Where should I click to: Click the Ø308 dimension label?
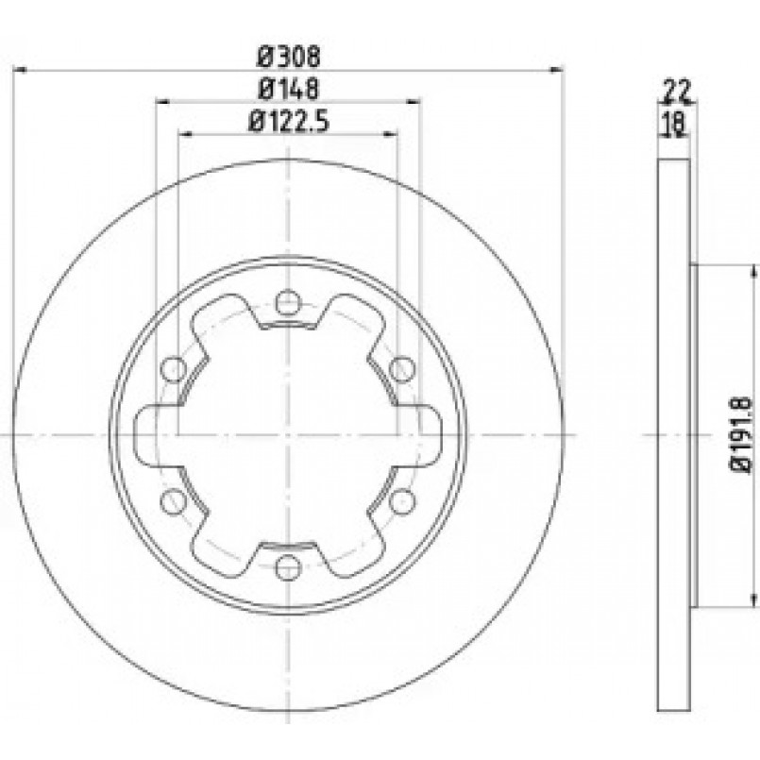(289, 58)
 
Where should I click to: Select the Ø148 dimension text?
(289, 89)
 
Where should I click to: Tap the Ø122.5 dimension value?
(289, 121)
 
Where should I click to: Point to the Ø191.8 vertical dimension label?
(741, 435)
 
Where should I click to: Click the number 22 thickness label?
(677, 90)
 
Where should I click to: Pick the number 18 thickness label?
(675, 123)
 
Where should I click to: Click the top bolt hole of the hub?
(288, 301)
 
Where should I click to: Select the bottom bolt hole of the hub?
(288, 567)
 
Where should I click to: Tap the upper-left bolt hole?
(173, 369)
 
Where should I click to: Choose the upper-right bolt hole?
(402, 369)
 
